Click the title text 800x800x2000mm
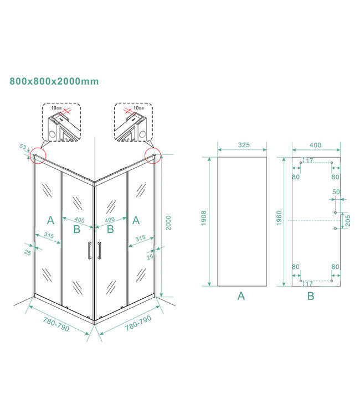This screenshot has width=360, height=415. tap(54, 81)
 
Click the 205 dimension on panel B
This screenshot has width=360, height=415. tap(347, 220)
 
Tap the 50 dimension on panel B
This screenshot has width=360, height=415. tap(336, 192)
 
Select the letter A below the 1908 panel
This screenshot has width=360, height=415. tap(241, 296)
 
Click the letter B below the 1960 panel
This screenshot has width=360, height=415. tap(311, 296)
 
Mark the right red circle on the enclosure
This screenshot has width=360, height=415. tap(152, 155)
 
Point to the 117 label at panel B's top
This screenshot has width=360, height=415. tap(309, 160)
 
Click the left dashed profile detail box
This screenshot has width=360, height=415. tap(61, 122)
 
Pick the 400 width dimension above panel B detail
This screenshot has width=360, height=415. tap(315, 145)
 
